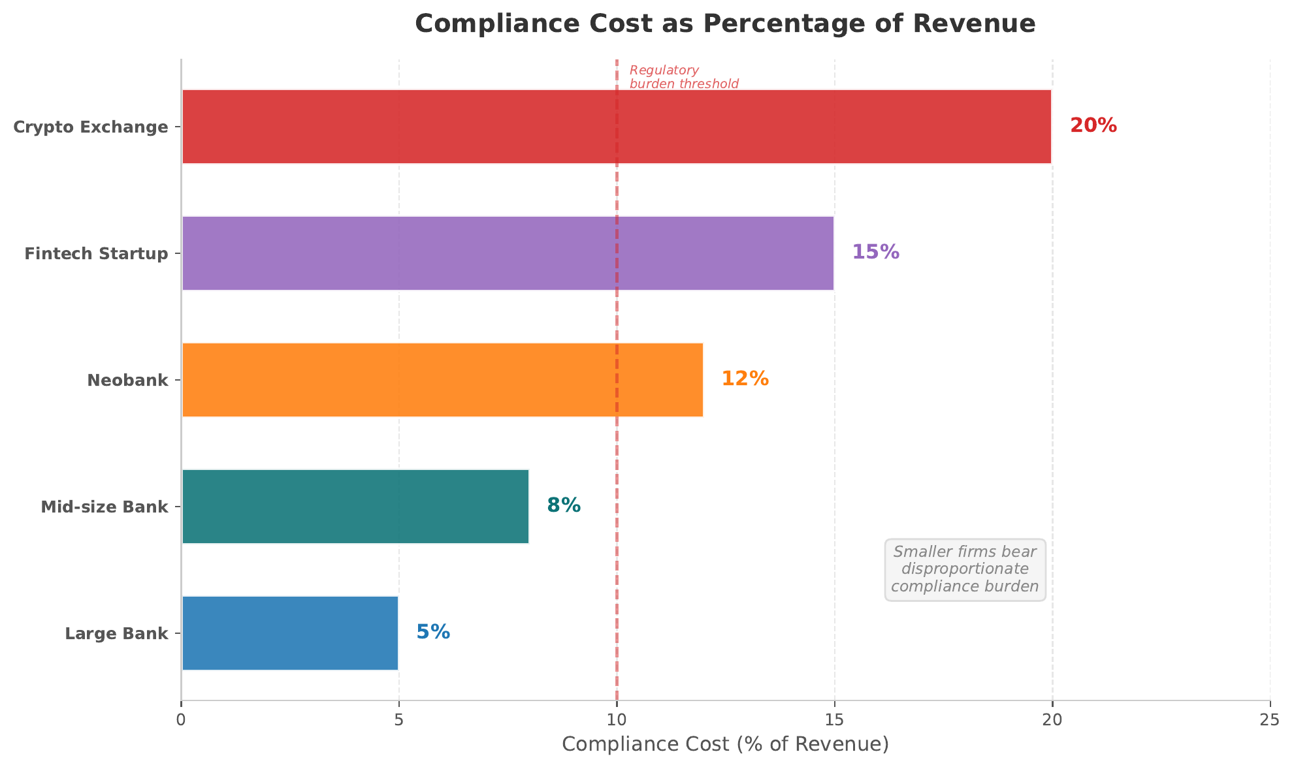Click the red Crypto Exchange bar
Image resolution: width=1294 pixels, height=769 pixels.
(x=617, y=127)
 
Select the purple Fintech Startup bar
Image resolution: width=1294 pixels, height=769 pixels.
(x=508, y=253)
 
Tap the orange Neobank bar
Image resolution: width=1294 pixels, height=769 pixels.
(x=442, y=380)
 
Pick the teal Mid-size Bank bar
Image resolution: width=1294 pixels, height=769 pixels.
(x=355, y=507)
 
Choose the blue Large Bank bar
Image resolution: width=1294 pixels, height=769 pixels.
(x=290, y=633)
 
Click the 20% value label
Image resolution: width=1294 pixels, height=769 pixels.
(x=1093, y=126)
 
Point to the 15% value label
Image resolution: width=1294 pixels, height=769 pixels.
(x=875, y=253)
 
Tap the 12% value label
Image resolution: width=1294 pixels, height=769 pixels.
(x=745, y=379)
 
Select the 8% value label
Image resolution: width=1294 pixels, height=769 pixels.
(x=564, y=506)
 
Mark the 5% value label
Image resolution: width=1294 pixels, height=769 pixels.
(x=433, y=633)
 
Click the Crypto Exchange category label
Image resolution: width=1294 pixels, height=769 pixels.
(x=91, y=127)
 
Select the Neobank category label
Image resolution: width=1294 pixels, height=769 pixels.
(x=127, y=381)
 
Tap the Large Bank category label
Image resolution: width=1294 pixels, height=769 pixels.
(x=116, y=634)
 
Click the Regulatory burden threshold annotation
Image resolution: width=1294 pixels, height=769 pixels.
(x=683, y=77)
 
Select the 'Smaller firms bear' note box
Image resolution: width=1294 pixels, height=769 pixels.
(x=965, y=569)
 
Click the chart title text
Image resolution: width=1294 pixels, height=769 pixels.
(x=725, y=24)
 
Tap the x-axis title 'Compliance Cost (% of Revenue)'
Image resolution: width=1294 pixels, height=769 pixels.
(x=725, y=745)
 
